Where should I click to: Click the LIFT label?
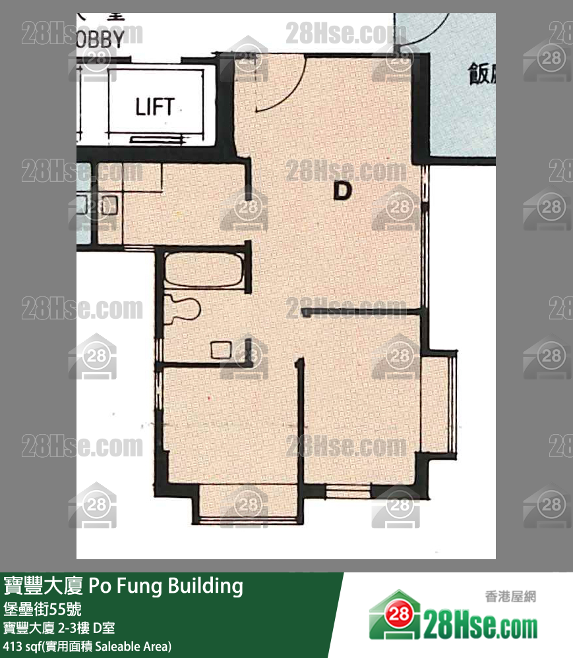tap(155, 107)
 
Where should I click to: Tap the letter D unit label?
tap(342, 191)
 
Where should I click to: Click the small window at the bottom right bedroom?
tap(347, 491)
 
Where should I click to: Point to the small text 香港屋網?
tap(514, 597)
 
